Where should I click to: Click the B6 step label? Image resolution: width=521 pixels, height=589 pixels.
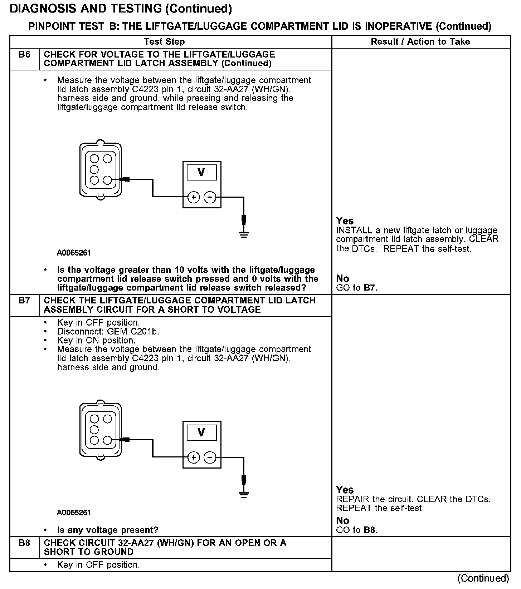[x=24, y=55]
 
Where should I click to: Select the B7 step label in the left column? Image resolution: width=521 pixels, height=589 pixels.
[x=24, y=301]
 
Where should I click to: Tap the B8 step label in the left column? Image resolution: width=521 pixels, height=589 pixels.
[x=24, y=543]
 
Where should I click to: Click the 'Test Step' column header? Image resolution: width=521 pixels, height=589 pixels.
[x=164, y=42]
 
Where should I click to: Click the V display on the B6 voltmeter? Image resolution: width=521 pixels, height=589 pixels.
[x=202, y=173]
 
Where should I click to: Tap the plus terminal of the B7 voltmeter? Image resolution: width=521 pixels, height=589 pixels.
[x=194, y=457]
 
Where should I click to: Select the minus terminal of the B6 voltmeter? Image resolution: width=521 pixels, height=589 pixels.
[x=210, y=197]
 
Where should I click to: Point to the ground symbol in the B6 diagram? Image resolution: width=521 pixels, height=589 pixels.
[x=244, y=234]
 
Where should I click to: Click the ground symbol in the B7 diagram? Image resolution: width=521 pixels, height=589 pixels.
[x=244, y=495]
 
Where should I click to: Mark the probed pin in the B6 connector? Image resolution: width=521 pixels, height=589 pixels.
[x=107, y=180]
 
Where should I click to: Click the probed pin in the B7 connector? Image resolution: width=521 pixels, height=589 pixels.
[x=107, y=440]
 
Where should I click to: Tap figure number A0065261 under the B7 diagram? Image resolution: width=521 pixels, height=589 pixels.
[x=74, y=513]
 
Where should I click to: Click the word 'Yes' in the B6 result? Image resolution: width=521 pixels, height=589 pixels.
[x=345, y=221]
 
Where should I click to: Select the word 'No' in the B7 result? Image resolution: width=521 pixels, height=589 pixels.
[x=342, y=520]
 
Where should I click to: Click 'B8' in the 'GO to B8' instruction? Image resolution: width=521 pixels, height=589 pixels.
[x=370, y=530]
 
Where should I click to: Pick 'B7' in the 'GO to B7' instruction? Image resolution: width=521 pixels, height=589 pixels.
[x=370, y=288]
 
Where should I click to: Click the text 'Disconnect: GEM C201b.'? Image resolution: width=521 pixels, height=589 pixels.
[x=108, y=332]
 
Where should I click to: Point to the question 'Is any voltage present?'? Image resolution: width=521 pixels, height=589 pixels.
[x=108, y=530]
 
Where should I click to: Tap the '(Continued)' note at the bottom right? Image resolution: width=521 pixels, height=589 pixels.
[x=483, y=578]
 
